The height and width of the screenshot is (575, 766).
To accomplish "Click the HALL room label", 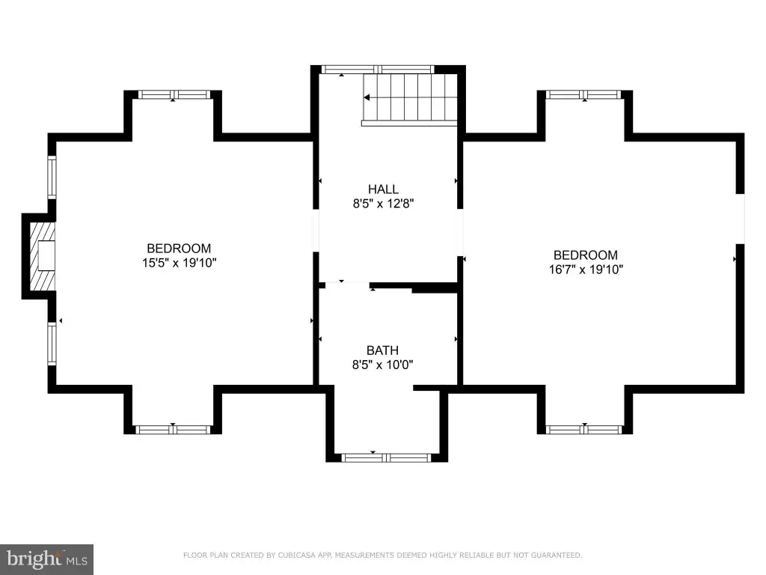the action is [383, 189].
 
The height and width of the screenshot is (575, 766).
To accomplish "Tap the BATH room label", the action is [382, 350].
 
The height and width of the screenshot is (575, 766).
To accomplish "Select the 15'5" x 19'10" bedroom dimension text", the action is [180, 263].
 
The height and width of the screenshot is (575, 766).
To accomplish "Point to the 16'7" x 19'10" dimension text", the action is [586, 270].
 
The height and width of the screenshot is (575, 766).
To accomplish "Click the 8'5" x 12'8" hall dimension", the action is [384, 204].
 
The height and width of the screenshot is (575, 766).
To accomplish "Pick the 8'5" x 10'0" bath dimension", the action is [382, 365].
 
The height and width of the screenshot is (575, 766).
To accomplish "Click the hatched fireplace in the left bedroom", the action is [43, 256].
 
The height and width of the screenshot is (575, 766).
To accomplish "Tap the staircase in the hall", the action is [410, 100].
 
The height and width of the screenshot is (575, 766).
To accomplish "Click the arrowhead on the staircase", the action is [367, 98].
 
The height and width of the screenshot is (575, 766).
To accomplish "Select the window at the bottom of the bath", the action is [386, 457].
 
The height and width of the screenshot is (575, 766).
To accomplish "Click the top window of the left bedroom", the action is [174, 94].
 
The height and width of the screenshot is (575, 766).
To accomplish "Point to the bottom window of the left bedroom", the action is [173, 430].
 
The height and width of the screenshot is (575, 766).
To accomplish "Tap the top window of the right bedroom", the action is [583, 94].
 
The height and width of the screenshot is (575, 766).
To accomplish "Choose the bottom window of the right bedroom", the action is [583, 430].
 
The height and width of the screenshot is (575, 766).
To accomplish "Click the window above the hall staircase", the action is [378, 70].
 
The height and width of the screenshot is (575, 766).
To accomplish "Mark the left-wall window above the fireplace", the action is [52, 177].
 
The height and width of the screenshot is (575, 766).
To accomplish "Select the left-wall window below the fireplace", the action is [52, 343].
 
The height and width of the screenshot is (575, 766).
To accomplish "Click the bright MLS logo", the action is [46, 559].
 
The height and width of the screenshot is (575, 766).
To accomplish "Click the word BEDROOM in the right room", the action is [585, 255].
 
